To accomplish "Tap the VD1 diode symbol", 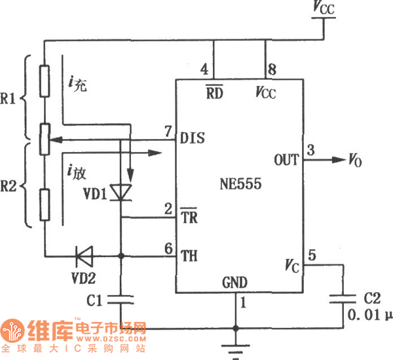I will tap(121, 192).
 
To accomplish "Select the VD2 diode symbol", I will tap(84, 254).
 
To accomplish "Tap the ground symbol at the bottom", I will tap(236, 346).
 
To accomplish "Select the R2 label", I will tap(10, 186).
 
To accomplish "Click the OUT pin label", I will tap(286, 159).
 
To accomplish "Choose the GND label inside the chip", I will tap(234, 283).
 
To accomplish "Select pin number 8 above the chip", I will tap(271, 68).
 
